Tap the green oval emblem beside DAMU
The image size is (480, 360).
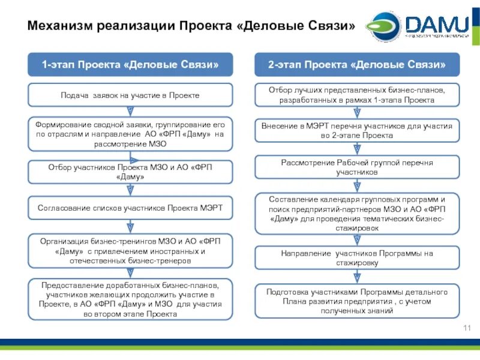pyautogui.click(x=383, y=26)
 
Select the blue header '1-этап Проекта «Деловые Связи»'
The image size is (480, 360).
pyautogui.click(x=130, y=64)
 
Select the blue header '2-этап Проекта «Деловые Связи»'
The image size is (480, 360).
pyautogui.click(x=357, y=64)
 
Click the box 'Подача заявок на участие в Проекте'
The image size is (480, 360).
pyautogui.click(x=130, y=95)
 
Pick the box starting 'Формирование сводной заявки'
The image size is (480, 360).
pyautogui.click(x=130, y=133)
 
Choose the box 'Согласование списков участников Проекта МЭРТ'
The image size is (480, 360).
pyautogui.click(x=130, y=208)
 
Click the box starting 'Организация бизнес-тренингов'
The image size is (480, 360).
pyautogui.click(x=130, y=251)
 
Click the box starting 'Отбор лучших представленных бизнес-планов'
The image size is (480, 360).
pyautogui.click(x=357, y=95)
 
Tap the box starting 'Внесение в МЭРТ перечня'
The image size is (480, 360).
pyautogui.click(x=357, y=131)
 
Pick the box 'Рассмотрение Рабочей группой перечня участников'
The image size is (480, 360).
pyautogui.click(x=357, y=167)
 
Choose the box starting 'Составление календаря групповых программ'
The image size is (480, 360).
pyautogui.click(x=357, y=214)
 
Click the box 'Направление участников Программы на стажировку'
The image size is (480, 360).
pyautogui.click(x=357, y=258)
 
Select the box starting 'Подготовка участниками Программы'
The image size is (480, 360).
pyautogui.click(x=357, y=301)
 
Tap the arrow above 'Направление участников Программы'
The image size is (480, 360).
pyautogui.click(x=357, y=240)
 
